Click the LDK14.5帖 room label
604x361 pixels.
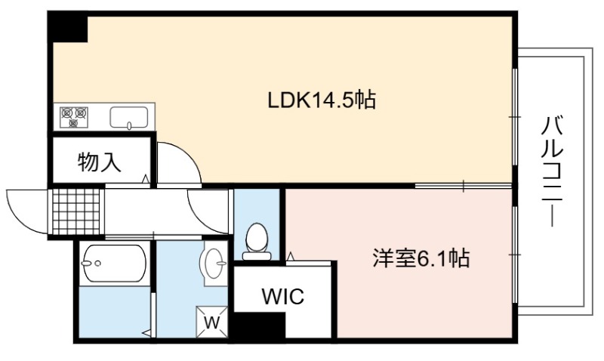coord(322,100)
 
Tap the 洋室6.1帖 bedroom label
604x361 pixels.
coord(421,258)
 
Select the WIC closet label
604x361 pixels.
coord(283,296)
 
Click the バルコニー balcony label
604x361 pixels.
coord(553,171)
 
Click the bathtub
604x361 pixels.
coord(114,264)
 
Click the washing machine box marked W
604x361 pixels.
coord(212,322)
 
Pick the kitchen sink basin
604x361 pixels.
coord(129,118)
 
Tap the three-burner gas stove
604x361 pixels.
coord(73,117)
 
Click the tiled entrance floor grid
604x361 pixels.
coord(76,211)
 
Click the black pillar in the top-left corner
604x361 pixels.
coord(68,28)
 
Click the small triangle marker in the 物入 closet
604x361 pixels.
coord(145,179)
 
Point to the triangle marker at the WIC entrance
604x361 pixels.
coord(291,257)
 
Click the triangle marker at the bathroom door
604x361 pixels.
coord(146,332)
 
